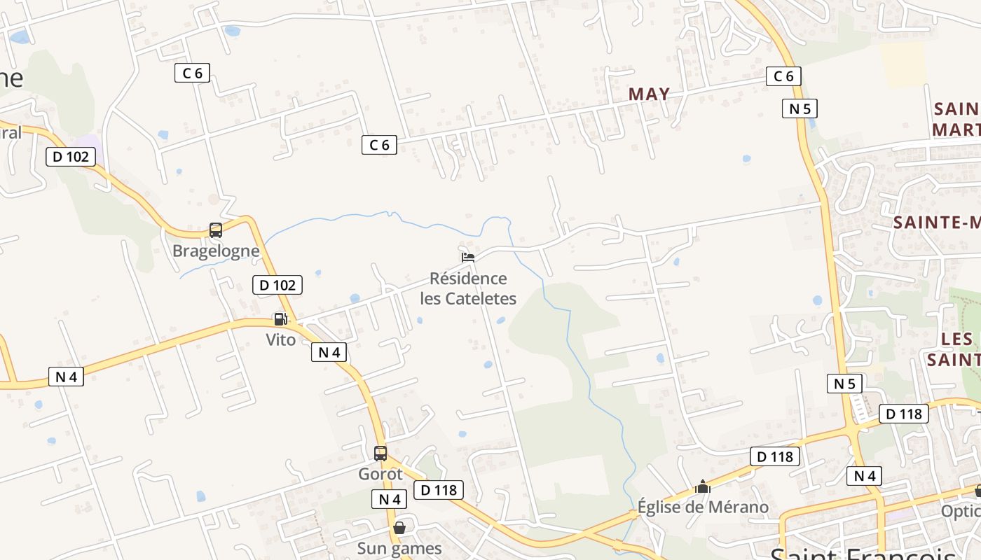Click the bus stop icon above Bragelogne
pos(216,230)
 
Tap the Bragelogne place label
pos(216,251)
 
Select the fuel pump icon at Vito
pos(280,319)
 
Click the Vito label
pos(280,339)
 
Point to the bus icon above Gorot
pos(380,454)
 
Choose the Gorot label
pos(380,474)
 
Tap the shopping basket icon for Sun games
pos(399,528)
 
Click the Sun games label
pos(399,548)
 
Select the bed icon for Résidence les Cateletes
pos(468,258)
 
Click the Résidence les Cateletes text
pos(468,288)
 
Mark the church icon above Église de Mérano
pos(703,486)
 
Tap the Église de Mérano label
pos(703,507)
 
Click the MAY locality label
pos(649,94)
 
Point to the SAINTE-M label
pos(936,223)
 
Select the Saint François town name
pos(862,553)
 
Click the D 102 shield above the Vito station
pos(277,285)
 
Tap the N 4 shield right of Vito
pos(329,352)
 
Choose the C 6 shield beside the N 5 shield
pos(783,76)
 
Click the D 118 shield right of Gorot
pos(439,490)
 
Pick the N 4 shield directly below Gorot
pos(389,499)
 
